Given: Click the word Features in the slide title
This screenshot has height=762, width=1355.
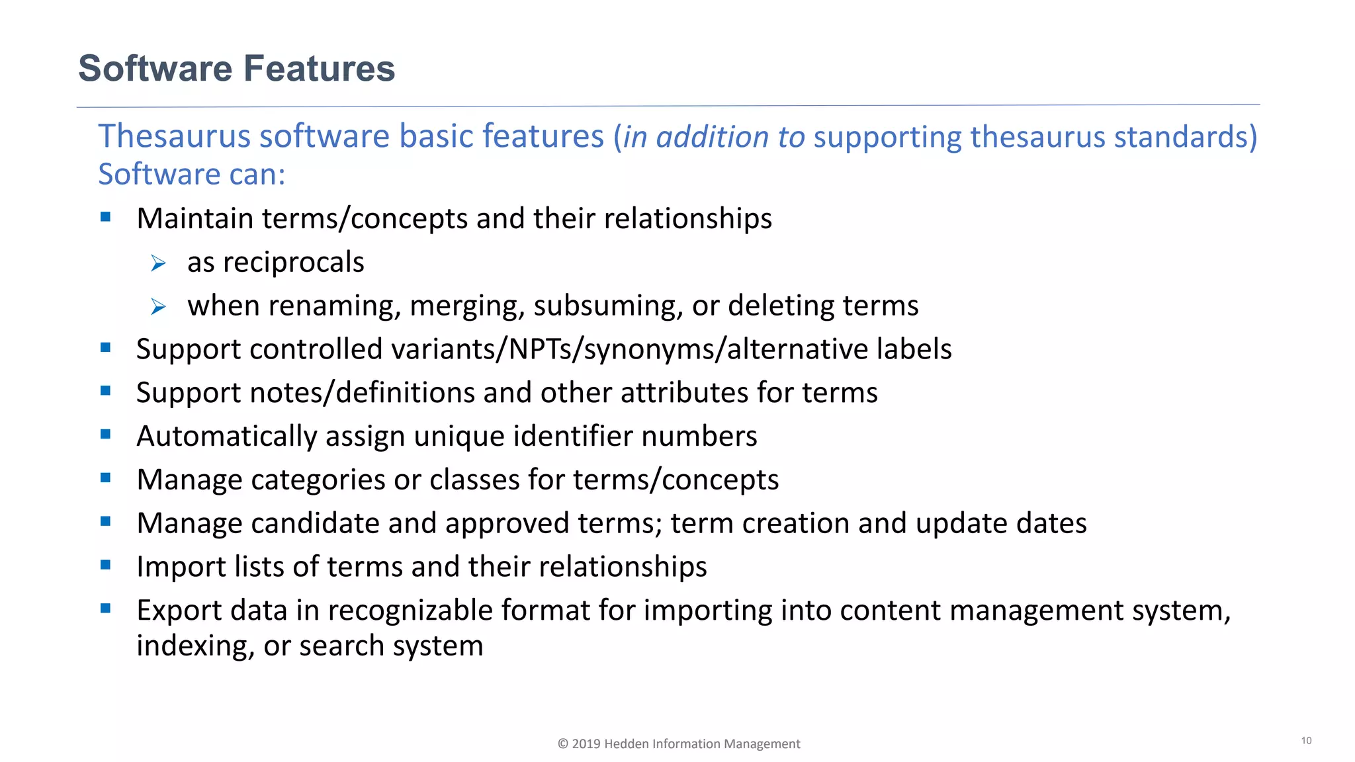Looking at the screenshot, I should pos(319,69).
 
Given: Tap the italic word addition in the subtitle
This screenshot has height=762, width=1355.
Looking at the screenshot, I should pos(712,137).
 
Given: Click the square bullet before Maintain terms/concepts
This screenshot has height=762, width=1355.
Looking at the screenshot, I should pos(106,216).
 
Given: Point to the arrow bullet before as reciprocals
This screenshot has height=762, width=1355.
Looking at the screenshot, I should pos(158,264).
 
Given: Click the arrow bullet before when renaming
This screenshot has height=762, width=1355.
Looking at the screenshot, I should pos(158,307).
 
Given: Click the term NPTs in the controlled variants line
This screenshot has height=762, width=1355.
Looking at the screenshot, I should pos(541,349).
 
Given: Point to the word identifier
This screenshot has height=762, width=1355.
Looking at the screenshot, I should pos(573,437).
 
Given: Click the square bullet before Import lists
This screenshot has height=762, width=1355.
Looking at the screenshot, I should pos(106,565).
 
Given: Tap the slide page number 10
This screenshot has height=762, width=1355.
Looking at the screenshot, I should pos(1306,741).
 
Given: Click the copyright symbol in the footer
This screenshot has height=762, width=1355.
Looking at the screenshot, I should pos(563,744).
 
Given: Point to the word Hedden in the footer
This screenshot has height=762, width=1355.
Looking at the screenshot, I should pos(627,744).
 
